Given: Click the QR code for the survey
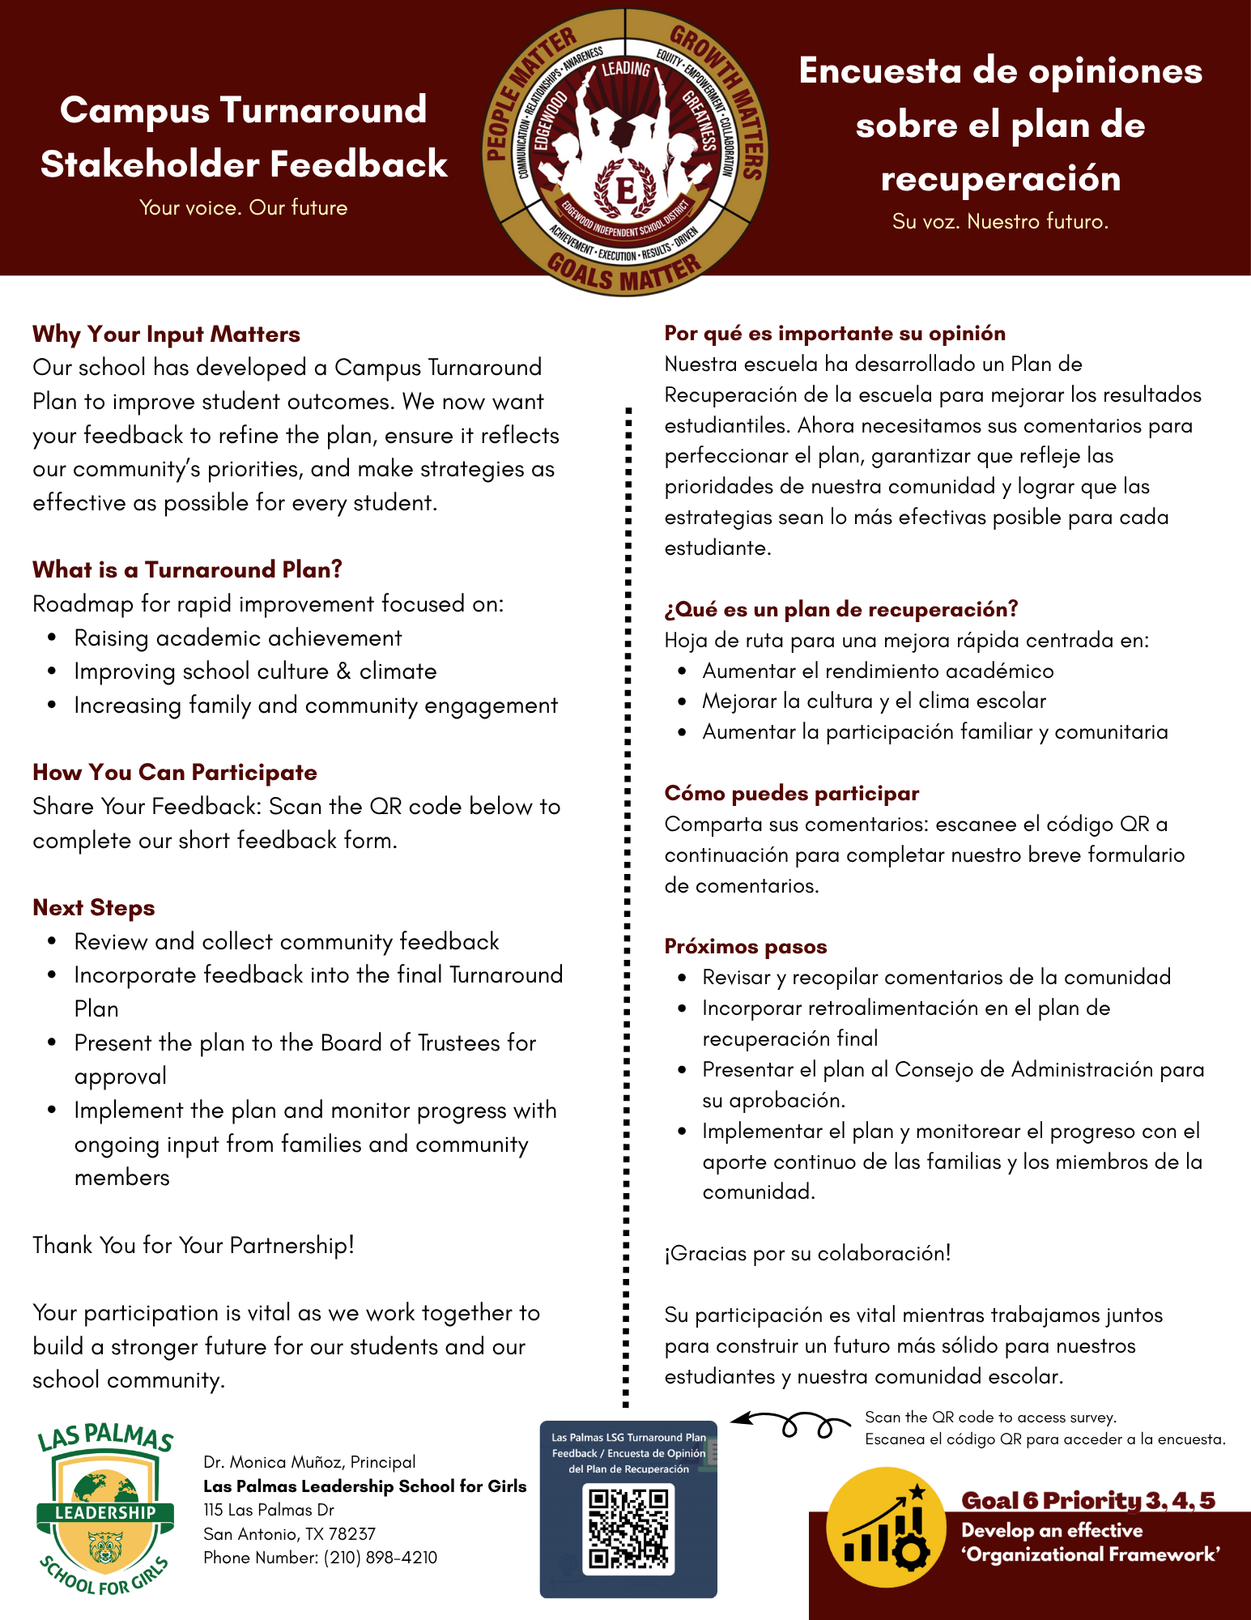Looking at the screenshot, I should tap(629, 1528).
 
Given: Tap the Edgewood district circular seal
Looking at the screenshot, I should tap(625, 152).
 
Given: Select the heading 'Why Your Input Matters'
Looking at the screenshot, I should tap(166, 334).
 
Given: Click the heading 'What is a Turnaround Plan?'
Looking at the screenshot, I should tap(187, 569).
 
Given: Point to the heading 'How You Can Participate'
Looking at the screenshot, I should tap(174, 772).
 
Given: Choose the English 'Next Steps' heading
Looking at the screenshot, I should tap(93, 907).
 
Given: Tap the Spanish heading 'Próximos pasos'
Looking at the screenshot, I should tap(745, 946).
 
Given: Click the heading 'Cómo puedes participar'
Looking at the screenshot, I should tap(791, 792).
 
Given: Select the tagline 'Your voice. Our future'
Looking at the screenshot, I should tap(243, 207).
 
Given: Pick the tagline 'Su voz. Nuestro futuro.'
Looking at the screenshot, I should tap(1000, 221).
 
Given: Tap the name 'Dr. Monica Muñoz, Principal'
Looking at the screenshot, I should tap(309, 1461).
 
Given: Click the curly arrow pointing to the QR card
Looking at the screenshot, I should tap(789, 1423).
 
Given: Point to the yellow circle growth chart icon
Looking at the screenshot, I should tap(886, 1528).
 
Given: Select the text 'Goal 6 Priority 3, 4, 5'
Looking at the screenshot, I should tap(1087, 1500).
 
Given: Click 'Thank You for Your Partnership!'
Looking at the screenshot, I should tap(194, 1245).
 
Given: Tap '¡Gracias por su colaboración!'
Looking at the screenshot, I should tap(807, 1253).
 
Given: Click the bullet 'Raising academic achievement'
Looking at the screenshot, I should tap(237, 638).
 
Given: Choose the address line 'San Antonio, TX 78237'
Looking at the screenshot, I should tap(289, 1533).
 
